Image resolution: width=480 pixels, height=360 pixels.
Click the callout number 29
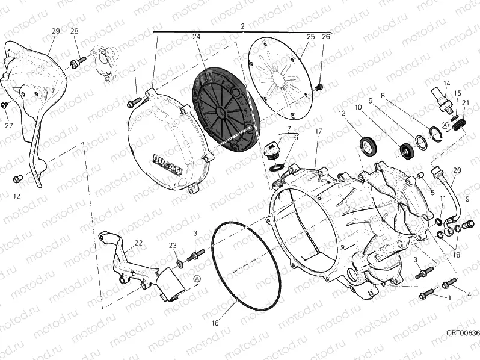pos(55,31)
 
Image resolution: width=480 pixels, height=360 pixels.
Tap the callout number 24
pos(196,37)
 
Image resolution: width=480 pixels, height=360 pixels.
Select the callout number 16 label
pos(215,323)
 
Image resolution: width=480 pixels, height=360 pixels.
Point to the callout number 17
pos(318,131)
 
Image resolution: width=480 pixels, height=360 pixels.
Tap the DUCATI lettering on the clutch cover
pos(168,163)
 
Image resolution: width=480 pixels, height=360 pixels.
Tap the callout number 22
pos(138,243)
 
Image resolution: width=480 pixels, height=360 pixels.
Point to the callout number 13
pos(341,113)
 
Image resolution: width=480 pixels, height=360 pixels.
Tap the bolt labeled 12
pos(18,178)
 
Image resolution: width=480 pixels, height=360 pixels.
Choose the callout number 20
pos(457,170)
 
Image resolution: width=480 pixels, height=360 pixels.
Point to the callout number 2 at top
pos(242,26)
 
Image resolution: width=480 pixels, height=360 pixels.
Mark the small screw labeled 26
pos(319,88)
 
